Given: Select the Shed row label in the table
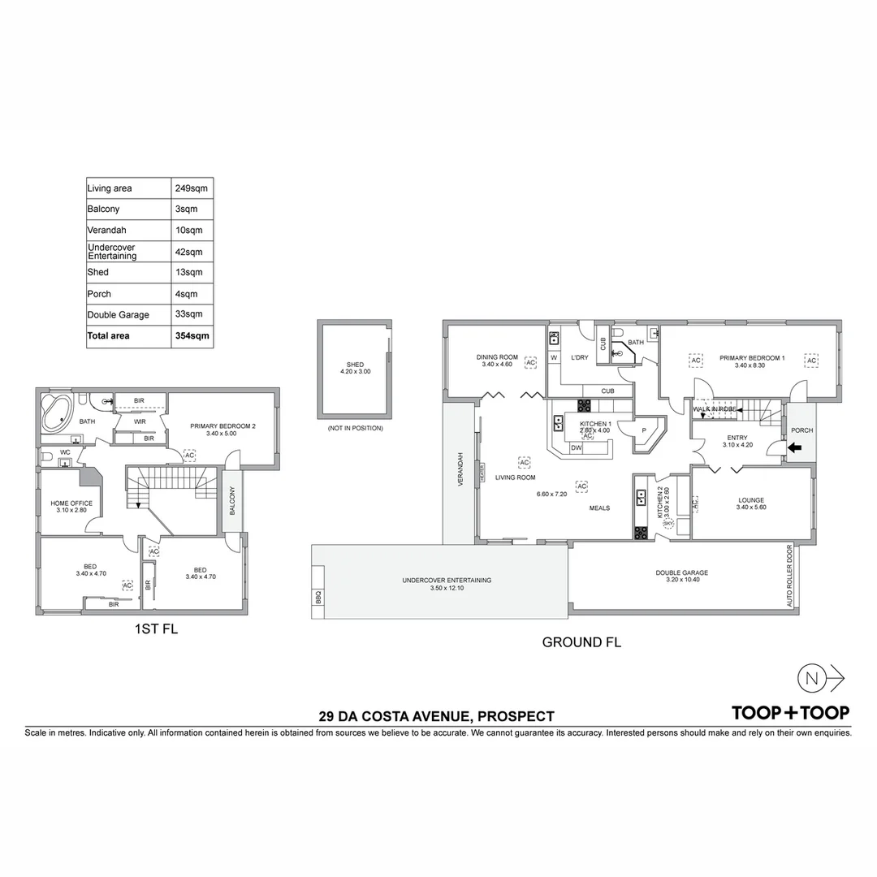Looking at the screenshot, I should click(x=98, y=272).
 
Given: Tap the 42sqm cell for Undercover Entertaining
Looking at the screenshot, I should click(x=188, y=252).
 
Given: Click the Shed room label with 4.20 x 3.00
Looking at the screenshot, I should click(x=355, y=368).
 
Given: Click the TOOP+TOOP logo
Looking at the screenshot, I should click(x=790, y=713).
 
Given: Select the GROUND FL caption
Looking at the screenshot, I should click(x=581, y=642).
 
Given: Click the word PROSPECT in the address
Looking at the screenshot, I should click(x=516, y=716).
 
